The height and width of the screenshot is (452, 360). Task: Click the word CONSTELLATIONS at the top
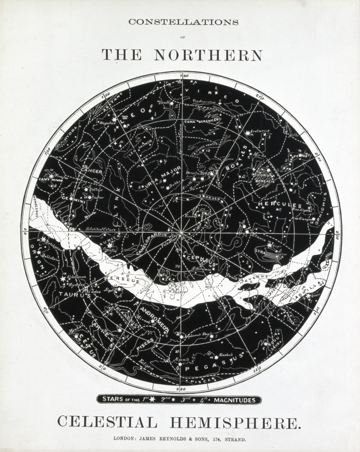183,22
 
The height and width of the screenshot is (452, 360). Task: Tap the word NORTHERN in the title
209,55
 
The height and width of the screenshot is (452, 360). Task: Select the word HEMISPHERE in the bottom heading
234,422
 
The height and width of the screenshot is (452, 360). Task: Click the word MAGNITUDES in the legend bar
232,400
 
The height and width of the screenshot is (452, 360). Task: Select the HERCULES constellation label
279,205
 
